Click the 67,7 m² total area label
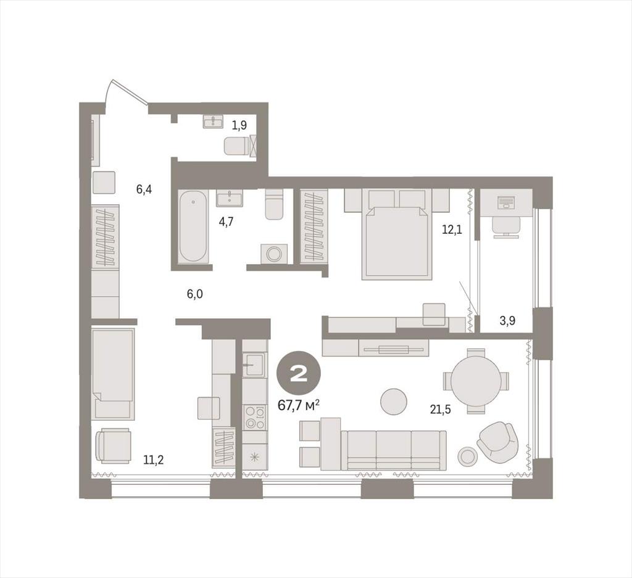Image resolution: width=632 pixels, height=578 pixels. (299, 405)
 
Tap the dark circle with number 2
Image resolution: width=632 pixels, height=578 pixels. (299, 375)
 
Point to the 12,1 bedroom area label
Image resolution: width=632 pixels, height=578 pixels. (452, 230)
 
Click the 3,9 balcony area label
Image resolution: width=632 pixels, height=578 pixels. (507, 321)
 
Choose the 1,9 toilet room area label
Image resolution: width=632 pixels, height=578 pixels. (239, 126)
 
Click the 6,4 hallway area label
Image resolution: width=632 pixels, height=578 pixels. (144, 189)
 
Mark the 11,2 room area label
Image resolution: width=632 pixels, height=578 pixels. (154, 460)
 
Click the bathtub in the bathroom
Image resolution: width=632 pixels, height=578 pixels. (193, 226)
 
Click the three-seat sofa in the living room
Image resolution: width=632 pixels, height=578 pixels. (393, 450)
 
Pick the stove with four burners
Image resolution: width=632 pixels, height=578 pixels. (255, 417)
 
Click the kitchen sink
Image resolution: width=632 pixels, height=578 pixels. (255, 365)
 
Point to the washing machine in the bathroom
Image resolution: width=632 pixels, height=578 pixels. (275, 254)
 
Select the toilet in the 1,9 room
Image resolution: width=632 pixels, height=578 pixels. (236, 146)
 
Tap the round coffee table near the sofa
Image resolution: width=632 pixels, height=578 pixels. (394, 402)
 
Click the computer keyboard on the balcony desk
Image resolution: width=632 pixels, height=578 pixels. (506, 201)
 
